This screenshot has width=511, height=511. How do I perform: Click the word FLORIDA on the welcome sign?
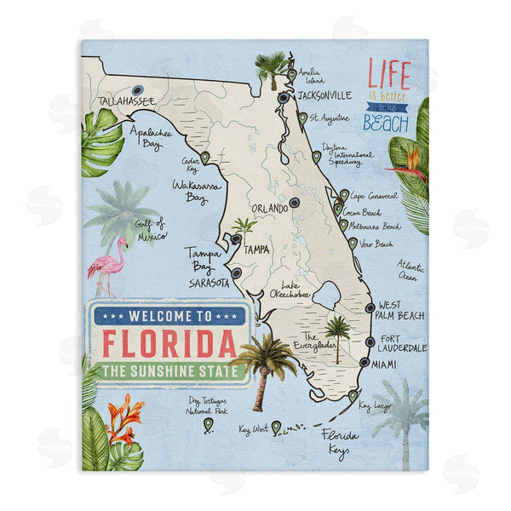point(169,343)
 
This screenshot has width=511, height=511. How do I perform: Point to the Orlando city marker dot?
point(294,203)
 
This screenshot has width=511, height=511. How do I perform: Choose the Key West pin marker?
point(276,426)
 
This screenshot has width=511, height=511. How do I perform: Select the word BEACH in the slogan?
point(386,123)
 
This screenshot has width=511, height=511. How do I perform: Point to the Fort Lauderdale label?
point(403,342)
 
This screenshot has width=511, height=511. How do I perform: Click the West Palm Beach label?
point(401,310)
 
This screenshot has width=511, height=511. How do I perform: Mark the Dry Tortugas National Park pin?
point(207,423)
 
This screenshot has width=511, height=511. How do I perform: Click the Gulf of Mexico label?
point(151,229)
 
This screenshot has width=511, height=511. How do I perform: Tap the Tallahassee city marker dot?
point(137,89)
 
